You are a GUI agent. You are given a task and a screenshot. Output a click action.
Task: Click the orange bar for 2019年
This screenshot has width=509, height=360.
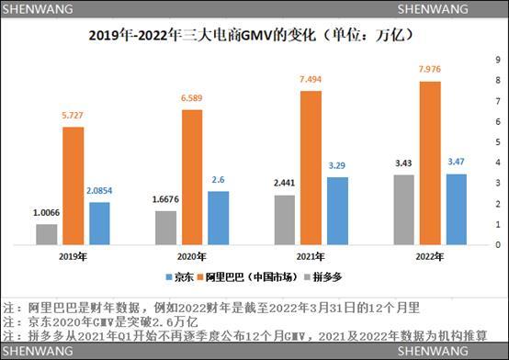[74, 186]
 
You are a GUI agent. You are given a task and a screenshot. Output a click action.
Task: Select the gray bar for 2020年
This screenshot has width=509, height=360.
[165, 228]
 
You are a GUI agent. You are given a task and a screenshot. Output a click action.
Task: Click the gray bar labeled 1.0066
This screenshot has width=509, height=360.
[47, 235]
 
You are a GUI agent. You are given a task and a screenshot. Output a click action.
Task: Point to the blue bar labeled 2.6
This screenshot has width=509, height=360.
[218, 219]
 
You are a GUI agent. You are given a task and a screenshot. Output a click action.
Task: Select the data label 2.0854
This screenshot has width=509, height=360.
[100, 189]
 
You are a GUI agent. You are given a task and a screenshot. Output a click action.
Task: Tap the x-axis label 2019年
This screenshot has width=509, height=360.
[74, 258]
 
